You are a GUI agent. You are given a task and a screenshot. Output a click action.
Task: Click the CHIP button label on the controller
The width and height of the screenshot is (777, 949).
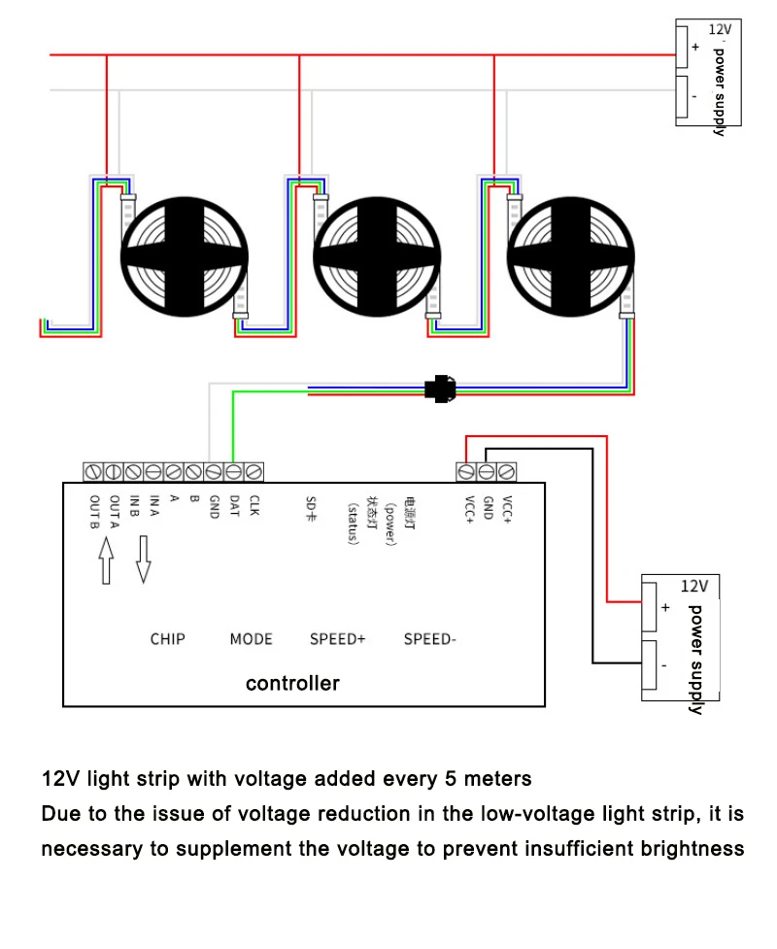pyautogui.click(x=168, y=639)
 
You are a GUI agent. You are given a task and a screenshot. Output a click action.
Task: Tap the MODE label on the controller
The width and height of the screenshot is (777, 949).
pyautogui.click(x=252, y=639)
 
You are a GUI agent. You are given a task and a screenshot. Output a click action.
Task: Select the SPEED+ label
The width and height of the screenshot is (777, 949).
pyautogui.click(x=338, y=639)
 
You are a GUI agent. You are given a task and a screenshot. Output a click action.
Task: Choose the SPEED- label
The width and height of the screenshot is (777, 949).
pyautogui.click(x=429, y=639)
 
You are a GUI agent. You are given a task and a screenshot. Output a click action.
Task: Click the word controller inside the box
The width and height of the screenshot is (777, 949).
pyautogui.click(x=293, y=683)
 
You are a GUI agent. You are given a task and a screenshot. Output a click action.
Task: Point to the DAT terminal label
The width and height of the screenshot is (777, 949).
pyautogui.click(x=234, y=506)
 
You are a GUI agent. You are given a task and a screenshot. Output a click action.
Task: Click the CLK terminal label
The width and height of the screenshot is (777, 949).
pyautogui.click(x=254, y=506)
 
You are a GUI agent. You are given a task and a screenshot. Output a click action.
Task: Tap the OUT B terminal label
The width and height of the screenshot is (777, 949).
pyautogui.click(x=94, y=512)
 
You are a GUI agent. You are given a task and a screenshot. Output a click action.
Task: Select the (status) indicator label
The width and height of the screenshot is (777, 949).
pyautogui.click(x=354, y=524)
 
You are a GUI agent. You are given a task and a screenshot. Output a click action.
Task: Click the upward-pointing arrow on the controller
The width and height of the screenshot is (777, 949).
pyautogui.click(x=107, y=560)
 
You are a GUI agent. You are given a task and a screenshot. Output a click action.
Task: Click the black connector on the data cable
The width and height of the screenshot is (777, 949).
pyautogui.click(x=441, y=389)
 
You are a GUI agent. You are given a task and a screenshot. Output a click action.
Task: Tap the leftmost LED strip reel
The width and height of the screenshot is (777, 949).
pyautogui.click(x=185, y=256)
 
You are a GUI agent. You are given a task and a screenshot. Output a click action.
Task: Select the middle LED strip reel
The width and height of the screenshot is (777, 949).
pyautogui.click(x=377, y=256)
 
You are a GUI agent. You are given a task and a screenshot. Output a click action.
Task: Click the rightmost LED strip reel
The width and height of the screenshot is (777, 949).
pyautogui.click(x=571, y=256)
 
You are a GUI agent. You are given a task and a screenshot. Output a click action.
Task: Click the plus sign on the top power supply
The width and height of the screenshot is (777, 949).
pyautogui.click(x=696, y=47)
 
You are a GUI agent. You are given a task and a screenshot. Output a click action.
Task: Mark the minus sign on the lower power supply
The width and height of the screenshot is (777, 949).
pyautogui.click(x=664, y=665)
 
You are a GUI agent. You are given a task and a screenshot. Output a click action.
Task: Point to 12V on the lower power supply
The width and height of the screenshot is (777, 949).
pyautogui.click(x=694, y=586)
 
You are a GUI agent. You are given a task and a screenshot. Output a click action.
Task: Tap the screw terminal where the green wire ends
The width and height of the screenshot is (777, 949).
pyautogui.click(x=233, y=472)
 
